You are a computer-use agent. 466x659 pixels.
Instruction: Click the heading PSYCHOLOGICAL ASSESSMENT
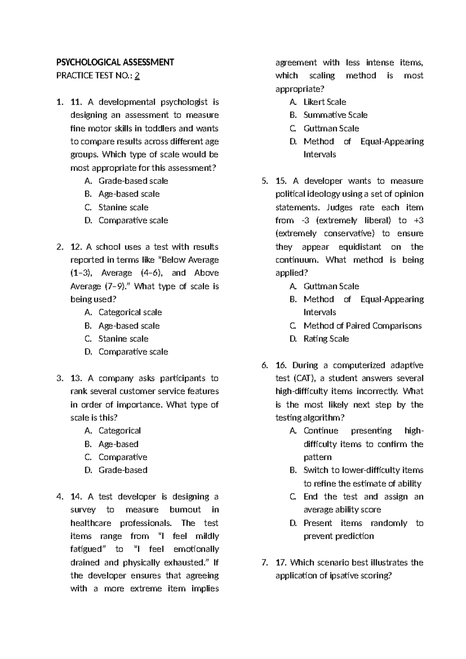pyautogui.click(x=115, y=62)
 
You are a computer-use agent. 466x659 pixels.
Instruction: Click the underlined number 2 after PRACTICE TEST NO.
pyautogui.click(x=137, y=76)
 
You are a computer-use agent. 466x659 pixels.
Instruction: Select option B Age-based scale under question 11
pyautogui.click(x=129, y=194)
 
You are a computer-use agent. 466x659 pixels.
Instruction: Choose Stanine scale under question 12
pyautogui.click(x=123, y=339)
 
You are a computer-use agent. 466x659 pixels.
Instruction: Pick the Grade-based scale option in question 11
pyautogui.click(x=133, y=181)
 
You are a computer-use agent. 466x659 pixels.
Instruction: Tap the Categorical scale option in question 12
pyautogui.click(x=130, y=312)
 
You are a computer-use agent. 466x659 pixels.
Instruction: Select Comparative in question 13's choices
pyautogui.click(x=123, y=457)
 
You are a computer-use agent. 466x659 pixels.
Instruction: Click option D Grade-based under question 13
pyautogui.click(x=123, y=470)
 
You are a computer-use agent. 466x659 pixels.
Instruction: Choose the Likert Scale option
pyautogui.click(x=325, y=102)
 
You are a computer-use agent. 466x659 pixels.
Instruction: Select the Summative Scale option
pyautogui.click(x=335, y=115)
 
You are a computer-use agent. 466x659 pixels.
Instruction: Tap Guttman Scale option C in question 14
pyautogui.click(x=331, y=128)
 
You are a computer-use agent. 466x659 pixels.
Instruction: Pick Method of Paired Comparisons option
pyautogui.click(x=362, y=326)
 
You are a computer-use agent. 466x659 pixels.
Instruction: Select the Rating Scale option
pyautogui.click(x=326, y=339)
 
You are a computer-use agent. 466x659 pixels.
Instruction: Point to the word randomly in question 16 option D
pyautogui.click(x=389, y=523)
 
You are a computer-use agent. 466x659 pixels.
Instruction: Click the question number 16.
pyautogui.click(x=281, y=365)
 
